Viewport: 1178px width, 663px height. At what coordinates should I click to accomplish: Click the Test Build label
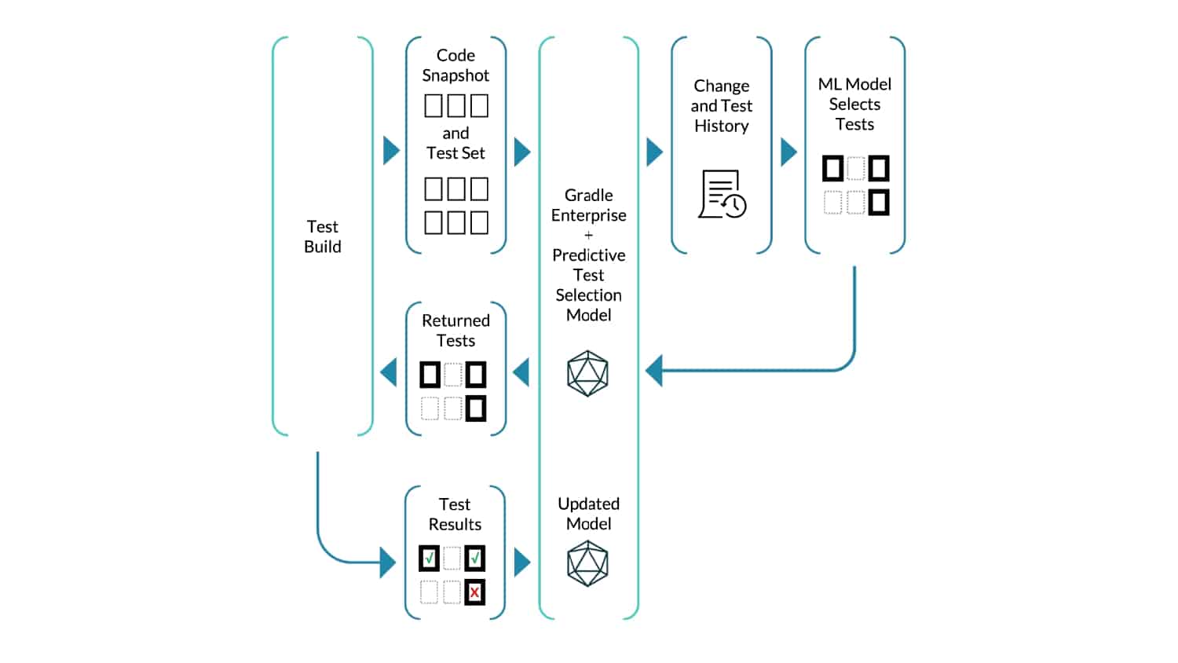[x=322, y=236]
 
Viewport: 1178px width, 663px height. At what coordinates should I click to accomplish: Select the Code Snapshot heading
[x=455, y=65]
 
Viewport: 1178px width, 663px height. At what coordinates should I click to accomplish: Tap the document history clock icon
[x=722, y=194]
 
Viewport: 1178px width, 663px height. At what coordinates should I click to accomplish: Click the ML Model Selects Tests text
[x=854, y=104]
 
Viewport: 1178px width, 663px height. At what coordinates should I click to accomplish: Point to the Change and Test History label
[x=722, y=106]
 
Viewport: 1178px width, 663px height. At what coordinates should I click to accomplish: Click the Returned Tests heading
[x=455, y=331]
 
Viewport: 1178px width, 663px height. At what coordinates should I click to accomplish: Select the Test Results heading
[x=455, y=514]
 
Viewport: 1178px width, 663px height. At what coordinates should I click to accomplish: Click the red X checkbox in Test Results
[x=475, y=592]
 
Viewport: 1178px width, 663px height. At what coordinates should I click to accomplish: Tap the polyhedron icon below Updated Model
[x=588, y=563]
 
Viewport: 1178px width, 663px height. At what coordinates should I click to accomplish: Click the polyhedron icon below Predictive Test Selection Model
[x=588, y=374]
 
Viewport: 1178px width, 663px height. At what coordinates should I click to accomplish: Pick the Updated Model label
[x=588, y=514]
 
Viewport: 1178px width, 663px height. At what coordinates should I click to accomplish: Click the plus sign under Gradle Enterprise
[x=588, y=235]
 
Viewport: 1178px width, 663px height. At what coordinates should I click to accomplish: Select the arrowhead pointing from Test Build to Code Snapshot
[x=391, y=151]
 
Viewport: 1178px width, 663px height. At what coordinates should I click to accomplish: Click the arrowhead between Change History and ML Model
[x=788, y=152]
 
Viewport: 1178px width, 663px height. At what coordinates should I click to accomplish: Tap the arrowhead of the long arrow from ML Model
[x=653, y=371]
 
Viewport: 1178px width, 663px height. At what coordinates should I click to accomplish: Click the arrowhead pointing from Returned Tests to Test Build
[x=389, y=372]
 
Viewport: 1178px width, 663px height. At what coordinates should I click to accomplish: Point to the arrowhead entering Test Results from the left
[x=388, y=562]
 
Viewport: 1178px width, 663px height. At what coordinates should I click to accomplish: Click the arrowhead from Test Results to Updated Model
[x=522, y=562]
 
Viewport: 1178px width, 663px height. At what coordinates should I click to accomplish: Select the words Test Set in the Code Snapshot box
[x=455, y=153]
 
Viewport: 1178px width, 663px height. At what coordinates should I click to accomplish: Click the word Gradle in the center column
[x=588, y=196]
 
